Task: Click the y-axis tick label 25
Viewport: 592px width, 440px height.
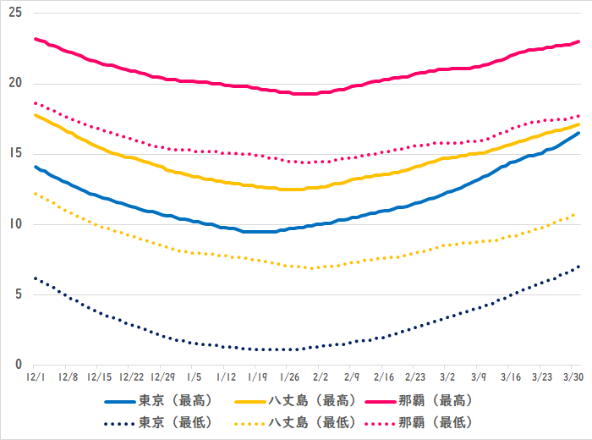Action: pos(15,14)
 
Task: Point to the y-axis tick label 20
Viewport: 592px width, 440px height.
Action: pos(15,84)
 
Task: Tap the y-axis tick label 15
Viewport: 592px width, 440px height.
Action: pos(15,154)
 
